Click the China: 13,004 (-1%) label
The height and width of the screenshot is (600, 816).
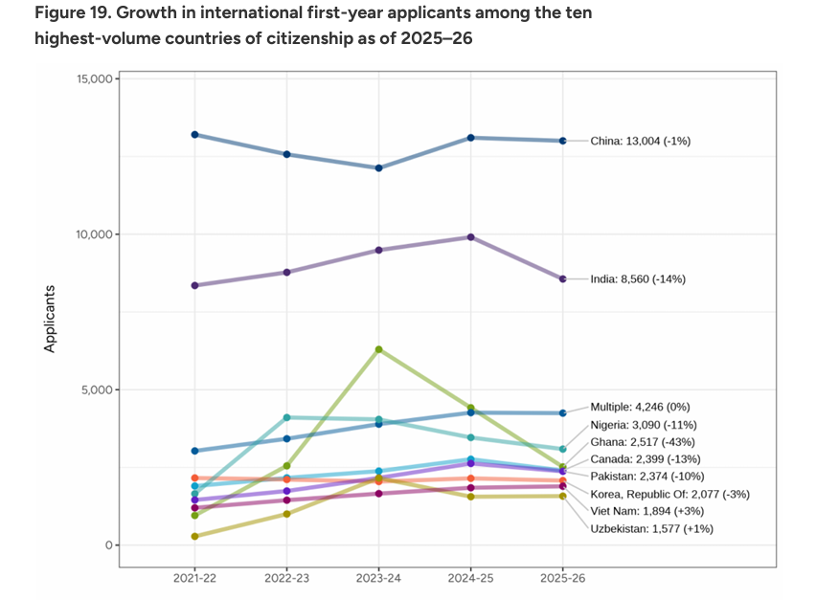[x=640, y=141]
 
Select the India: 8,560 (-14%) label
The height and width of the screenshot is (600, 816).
[x=637, y=279]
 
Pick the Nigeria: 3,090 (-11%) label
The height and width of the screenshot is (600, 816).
[x=644, y=424]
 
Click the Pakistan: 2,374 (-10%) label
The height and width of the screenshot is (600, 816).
[x=647, y=476]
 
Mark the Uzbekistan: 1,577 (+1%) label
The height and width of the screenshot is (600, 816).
[x=651, y=528]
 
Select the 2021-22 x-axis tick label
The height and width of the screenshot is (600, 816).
[x=194, y=579]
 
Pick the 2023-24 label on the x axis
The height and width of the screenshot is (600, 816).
[x=378, y=579]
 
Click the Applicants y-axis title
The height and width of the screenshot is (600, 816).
[x=51, y=319]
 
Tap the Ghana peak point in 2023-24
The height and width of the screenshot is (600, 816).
[x=378, y=349]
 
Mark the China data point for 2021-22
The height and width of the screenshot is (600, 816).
[x=194, y=135]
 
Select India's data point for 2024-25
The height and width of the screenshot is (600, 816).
[x=470, y=237]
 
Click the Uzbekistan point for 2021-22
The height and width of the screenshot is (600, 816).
[x=194, y=536]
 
